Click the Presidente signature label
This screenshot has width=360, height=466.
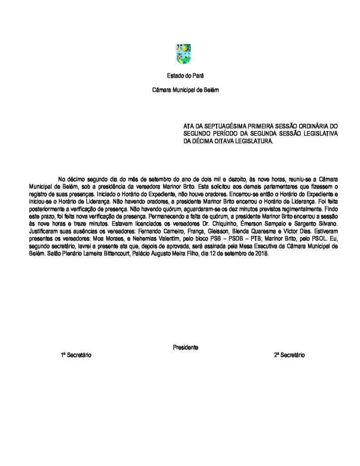pos(185,347)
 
